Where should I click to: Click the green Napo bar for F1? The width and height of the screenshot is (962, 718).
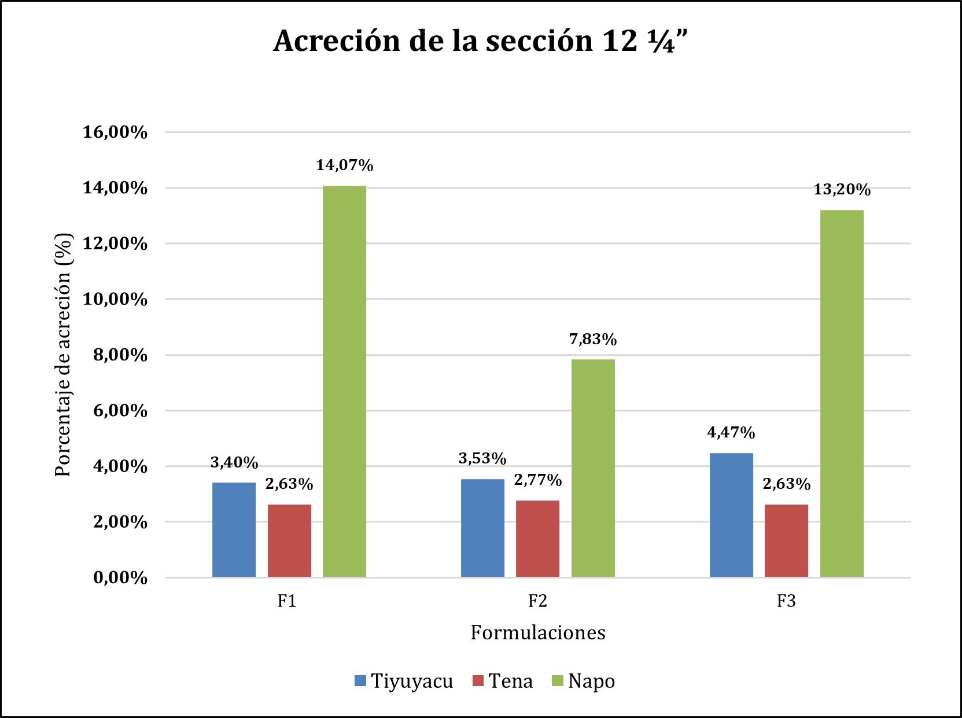click(344, 381)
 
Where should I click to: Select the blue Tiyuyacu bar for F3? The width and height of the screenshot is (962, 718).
click(731, 515)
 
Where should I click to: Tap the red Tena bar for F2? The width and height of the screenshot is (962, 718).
click(537, 539)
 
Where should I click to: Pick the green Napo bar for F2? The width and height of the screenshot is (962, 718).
click(593, 468)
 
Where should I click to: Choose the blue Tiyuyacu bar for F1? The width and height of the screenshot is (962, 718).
click(234, 529)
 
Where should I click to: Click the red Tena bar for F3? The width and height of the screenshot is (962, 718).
click(786, 540)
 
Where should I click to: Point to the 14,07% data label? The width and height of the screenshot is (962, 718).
click(344, 165)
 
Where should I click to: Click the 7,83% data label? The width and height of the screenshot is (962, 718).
click(593, 339)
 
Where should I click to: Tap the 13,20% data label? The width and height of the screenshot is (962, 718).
click(842, 190)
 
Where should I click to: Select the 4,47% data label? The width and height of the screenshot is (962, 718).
click(731, 432)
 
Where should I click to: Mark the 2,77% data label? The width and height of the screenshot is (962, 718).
click(537, 480)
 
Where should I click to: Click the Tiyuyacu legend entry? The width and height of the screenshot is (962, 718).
click(404, 681)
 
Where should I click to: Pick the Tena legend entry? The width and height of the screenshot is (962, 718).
click(503, 681)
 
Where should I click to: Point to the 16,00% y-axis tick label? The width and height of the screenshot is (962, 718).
click(115, 132)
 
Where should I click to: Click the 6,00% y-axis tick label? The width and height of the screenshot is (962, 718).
click(120, 411)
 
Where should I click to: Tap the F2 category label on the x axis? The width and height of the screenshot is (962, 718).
click(537, 601)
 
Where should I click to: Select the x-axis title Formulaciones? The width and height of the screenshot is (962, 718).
click(537, 632)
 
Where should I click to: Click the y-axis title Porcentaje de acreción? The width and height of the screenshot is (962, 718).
click(63, 355)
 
